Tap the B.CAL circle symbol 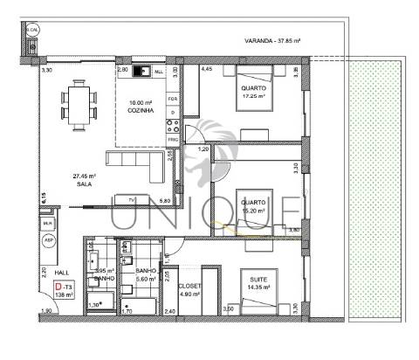(x=32, y=31)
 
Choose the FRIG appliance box (x=174, y=139)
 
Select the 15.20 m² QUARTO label (x=254, y=204)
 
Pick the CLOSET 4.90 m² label (x=189, y=289)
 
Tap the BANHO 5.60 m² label (x=145, y=274)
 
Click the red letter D (x=58, y=287)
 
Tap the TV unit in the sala (x=130, y=201)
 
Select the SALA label (x=84, y=183)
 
